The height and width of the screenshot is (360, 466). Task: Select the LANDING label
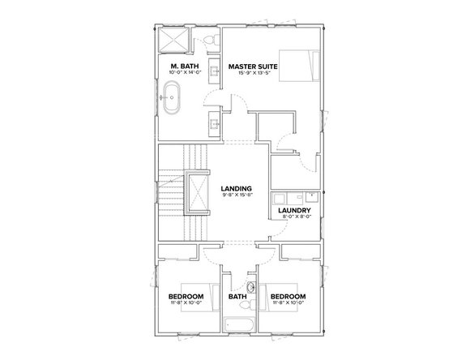[236, 187]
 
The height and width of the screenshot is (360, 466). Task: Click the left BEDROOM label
[186, 297]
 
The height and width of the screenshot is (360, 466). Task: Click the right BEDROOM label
[288, 297]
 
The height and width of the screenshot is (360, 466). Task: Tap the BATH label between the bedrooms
[237, 297]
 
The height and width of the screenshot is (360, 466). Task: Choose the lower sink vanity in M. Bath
[215, 123]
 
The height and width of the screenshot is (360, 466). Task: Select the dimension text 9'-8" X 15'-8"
[236, 195]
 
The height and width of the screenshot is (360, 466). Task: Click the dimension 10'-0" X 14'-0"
[186, 72]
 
